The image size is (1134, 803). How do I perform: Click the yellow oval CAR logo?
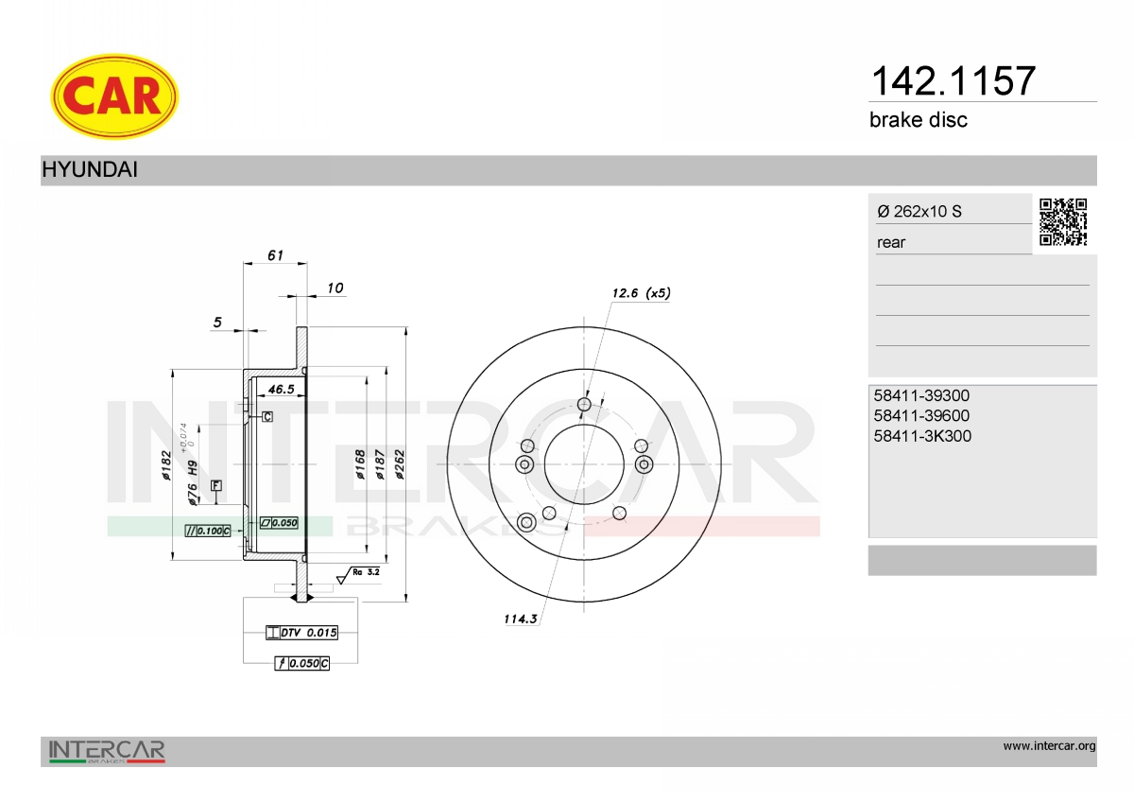(114, 96)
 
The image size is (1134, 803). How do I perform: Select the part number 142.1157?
(954, 81)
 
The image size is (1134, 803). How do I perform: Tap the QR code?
(1063, 222)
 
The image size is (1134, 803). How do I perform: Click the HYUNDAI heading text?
(90, 169)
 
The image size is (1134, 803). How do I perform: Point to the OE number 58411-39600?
(921, 415)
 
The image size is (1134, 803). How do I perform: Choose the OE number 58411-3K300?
(922, 436)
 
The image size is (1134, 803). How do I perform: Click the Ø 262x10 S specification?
(919, 211)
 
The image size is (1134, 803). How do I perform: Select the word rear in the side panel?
(891, 243)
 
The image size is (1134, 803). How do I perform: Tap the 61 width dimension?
(275, 255)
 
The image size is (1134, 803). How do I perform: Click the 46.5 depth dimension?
(281, 389)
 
